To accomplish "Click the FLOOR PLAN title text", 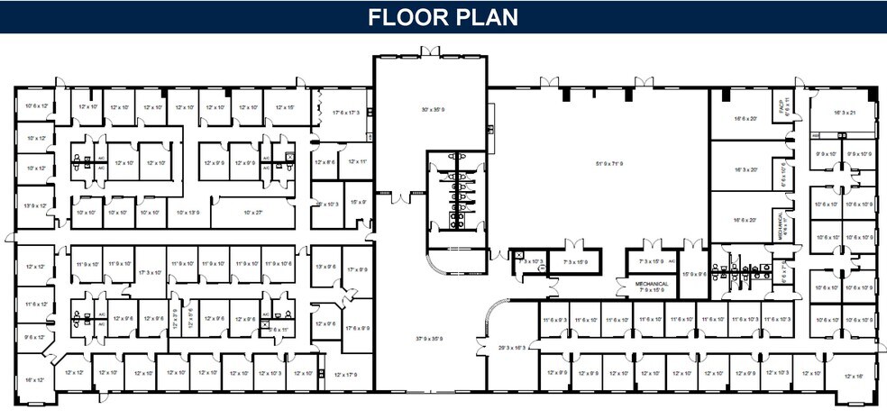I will point(443,17).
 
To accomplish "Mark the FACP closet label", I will point(785,106).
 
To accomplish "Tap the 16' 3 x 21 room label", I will point(843,113).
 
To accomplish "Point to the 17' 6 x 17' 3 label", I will point(346,113).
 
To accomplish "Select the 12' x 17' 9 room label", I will point(346,374).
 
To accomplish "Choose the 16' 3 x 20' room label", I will point(745,169).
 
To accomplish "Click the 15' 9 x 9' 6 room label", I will point(694,274).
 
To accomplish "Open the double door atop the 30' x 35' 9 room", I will point(430,51).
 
